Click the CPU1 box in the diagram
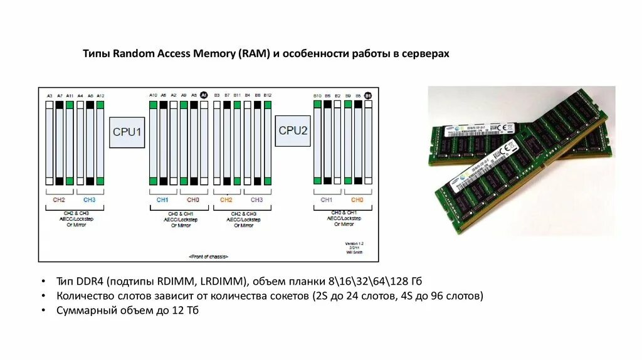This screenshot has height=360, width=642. (127, 132)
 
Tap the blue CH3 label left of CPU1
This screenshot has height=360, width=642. (89, 199)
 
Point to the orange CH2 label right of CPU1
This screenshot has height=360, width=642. (226, 199)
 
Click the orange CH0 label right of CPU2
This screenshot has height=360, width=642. (357, 199)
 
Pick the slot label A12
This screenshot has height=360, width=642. (100, 95)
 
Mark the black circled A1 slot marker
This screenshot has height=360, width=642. (204, 95)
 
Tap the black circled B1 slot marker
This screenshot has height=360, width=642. (368, 95)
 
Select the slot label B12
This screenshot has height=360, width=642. (268, 95)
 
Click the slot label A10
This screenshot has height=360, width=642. (153, 95)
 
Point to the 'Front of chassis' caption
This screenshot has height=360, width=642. (208, 257)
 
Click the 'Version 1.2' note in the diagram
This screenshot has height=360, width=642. (354, 243)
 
